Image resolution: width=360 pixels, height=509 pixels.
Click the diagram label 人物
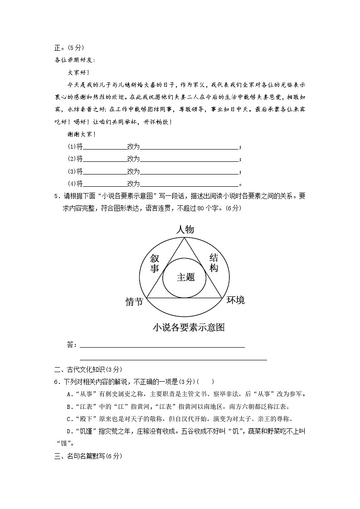(185, 230)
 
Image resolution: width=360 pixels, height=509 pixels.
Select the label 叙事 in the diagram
(155, 263)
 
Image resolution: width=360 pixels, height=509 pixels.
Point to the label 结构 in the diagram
(214, 263)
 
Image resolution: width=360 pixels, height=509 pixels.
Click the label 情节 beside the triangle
(134, 301)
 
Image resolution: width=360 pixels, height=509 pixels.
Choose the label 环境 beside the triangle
(235, 300)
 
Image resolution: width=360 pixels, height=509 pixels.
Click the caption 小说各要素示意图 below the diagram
(189, 327)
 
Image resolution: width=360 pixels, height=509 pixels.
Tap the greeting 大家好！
(79, 72)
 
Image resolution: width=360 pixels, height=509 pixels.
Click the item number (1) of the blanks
(72, 146)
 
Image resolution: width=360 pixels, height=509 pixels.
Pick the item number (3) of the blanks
(72, 171)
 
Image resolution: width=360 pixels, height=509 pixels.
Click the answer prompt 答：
(72, 345)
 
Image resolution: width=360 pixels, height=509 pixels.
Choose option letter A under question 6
(68, 394)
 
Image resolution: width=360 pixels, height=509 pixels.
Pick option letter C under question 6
(68, 419)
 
